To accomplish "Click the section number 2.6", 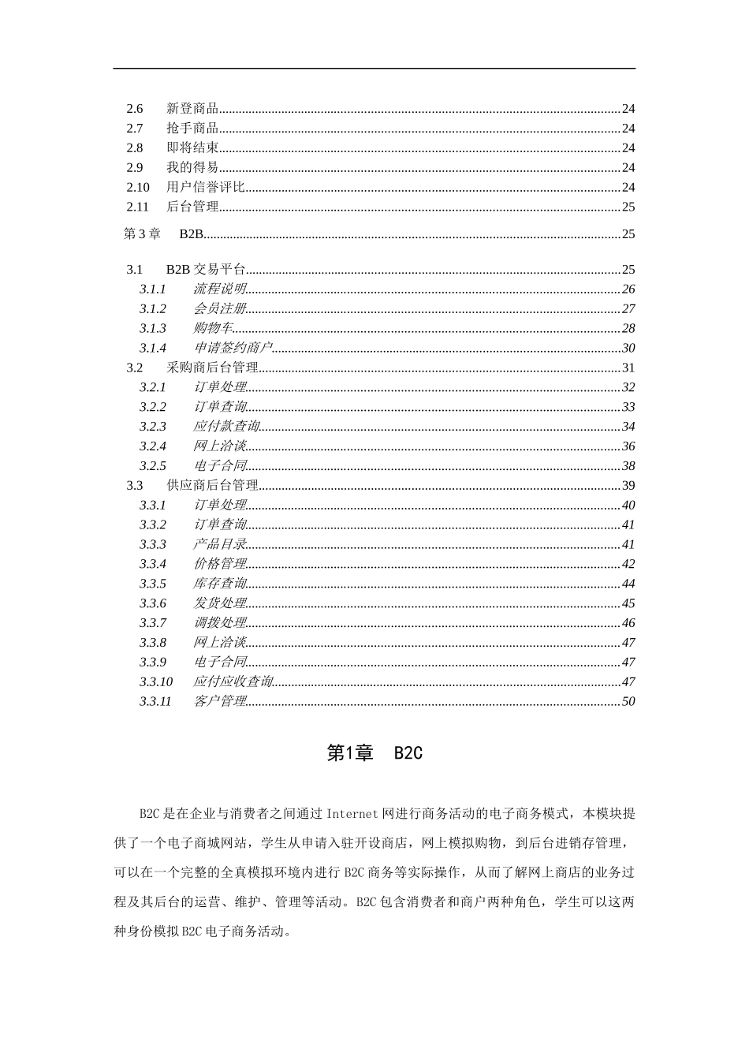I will [x=135, y=109].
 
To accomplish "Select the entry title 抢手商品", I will [x=192, y=129].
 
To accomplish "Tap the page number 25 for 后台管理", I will [x=628, y=207].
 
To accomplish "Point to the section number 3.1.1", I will [x=153, y=289].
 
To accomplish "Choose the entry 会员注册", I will [x=220, y=309].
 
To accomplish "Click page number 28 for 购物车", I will [x=628, y=329].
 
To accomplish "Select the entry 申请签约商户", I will [x=233, y=349].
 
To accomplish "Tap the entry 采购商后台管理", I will [x=213, y=368].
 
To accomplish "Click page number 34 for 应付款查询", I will [x=628, y=427].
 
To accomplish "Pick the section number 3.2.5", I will [x=153, y=466].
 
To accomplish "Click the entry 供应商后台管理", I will [x=213, y=486].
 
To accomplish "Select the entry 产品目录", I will [x=220, y=545].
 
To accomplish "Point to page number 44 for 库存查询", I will [x=628, y=584].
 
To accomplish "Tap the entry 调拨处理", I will [x=220, y=623].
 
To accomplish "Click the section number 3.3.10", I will [x=156, y=682].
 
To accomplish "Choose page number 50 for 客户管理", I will [x=628, y=702].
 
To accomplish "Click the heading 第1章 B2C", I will [x=374, y=753].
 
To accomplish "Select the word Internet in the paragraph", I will [x=352, y=813].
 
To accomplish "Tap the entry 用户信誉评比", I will [x=206, y=188].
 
